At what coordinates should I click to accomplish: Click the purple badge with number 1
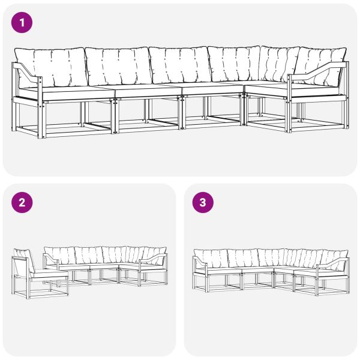click(x=22, y=23)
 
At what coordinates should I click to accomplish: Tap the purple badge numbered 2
click(x=22, y=203)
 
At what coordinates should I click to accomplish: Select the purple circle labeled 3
click(x=203, y=203)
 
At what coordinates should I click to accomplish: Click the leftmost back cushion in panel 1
click(x=51, y=67)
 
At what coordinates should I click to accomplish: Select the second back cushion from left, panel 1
click(x=118, y=66)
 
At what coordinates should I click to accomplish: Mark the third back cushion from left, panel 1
click(x=180, y=64)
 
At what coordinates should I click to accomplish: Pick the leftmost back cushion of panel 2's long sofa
click(x=60, y=256)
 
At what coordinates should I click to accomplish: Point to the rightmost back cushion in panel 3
click(x=334, y=256)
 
